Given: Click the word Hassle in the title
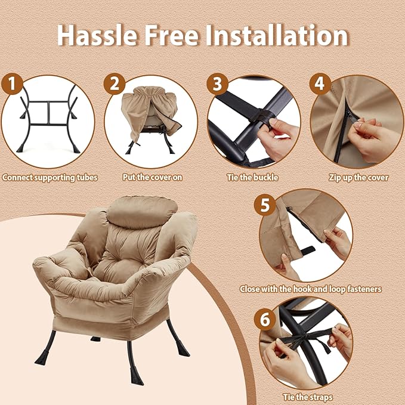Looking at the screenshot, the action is point(97,35).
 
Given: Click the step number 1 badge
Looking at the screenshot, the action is point(12,84).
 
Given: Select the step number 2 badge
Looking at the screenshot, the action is point(115,84).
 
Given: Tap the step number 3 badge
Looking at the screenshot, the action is point(217,84).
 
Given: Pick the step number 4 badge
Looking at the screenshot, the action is point(320,84).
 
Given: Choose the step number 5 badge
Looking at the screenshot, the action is point(265,205).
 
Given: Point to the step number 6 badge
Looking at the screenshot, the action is point(265,319).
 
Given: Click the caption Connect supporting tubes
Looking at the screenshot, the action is point(50,178).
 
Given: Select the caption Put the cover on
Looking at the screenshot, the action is point(152,177).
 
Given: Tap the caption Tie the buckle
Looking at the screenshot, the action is point(253,177).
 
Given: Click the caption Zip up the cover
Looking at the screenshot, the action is point(358,178).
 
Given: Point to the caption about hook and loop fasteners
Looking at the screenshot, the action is point(311,289).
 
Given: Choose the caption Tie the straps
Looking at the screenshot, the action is point(308,397).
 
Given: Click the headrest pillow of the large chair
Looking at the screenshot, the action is point(142,212).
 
